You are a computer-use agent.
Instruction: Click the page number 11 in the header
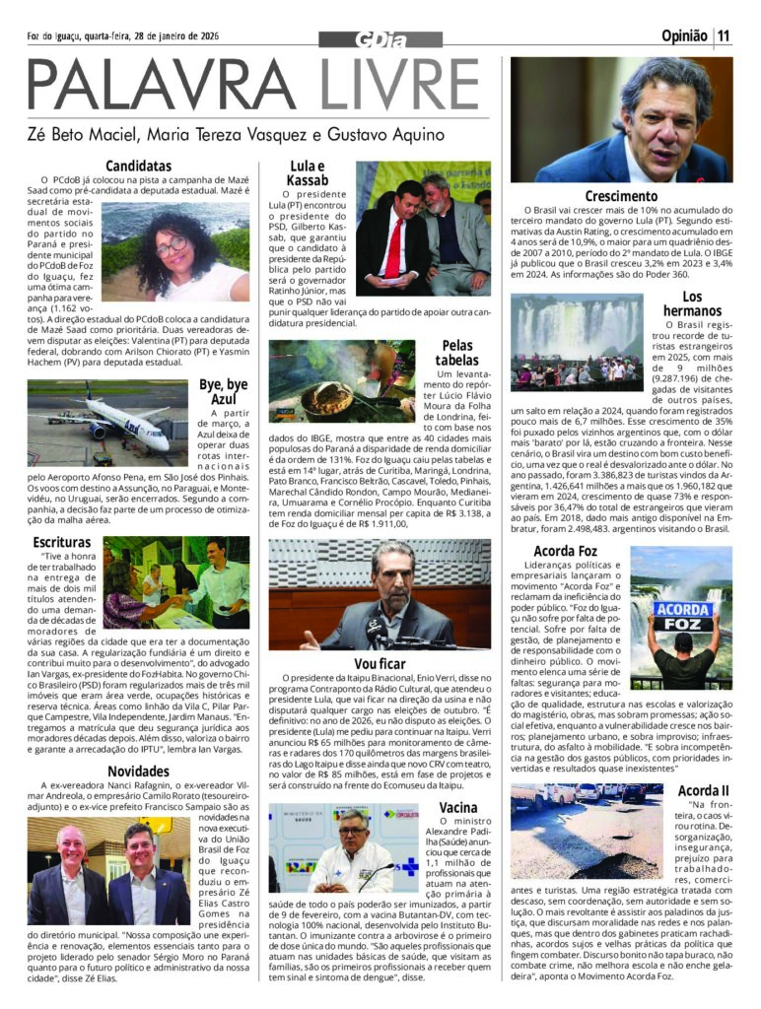click(x=726, y=37)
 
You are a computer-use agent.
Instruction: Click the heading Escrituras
click(x=61, y=542)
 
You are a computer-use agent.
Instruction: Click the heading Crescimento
click(x=621, y=196)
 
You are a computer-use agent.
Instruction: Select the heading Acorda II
click(x=705, y=790)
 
